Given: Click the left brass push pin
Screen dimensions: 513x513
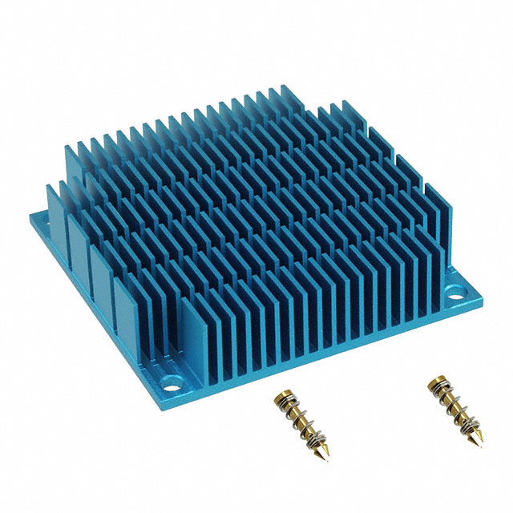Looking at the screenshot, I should tap(297, 414).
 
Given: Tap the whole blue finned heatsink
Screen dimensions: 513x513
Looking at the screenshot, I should tap(256, 232).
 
